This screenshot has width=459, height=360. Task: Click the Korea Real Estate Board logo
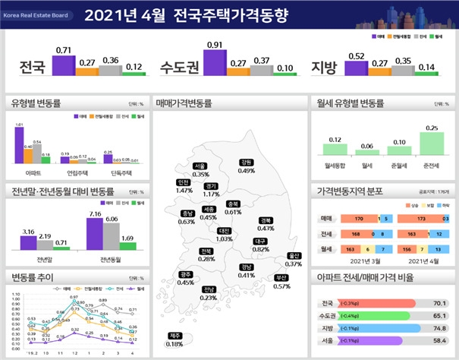tap(36, 13)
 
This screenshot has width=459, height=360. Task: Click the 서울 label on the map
tap(200, 166)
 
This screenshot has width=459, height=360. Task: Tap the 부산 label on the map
tap(281, 277)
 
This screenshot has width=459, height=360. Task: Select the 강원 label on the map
tap(246, 162)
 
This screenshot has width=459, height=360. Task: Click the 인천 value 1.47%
tap(184, 191)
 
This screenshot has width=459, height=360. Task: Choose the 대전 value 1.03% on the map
tap(224, 238)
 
